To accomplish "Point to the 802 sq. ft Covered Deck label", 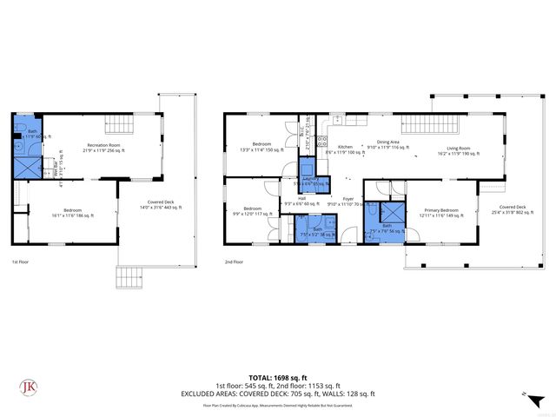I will pyautogui.click(x=512, y=209).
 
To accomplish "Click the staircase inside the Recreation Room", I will pyautogui.click(x=115, y=124).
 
